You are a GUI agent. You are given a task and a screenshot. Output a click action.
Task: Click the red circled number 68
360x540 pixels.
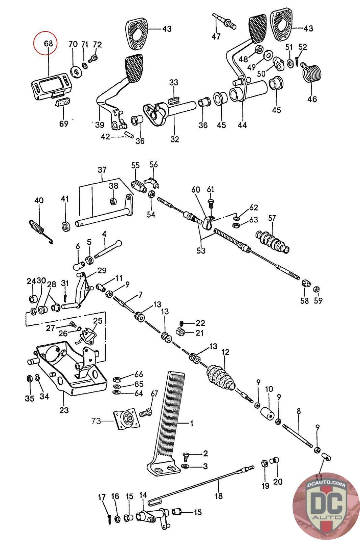[48, 44]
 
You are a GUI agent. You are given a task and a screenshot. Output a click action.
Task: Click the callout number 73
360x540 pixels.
[96, 421]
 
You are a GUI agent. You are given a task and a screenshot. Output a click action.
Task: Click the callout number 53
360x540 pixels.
[201, 251]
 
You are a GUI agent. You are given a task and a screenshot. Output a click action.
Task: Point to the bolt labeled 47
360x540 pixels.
[224, 22]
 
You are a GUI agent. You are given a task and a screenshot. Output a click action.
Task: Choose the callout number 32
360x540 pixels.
[175, 139]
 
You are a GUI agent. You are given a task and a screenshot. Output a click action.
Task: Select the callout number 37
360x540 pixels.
[102, 170]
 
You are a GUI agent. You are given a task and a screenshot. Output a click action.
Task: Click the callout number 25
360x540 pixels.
[98, 321]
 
